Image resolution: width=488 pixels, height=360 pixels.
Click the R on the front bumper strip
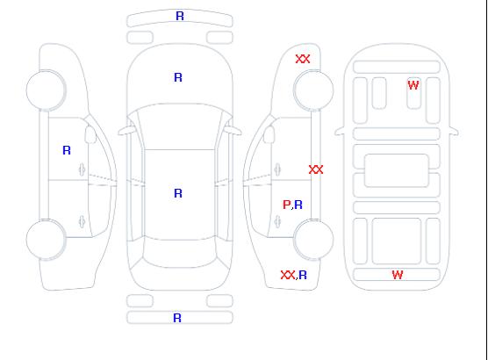180,16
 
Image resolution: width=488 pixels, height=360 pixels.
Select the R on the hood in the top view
178,77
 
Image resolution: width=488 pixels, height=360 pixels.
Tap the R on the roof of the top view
178,193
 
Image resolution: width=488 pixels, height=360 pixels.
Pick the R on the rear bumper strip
177,318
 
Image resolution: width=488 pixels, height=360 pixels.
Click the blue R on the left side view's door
67,150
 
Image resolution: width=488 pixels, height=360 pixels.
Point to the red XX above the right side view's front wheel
303,59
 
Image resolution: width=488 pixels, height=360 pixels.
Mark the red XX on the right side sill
316,169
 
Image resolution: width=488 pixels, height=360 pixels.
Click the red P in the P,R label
286,205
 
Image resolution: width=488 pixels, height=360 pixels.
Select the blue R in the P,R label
298,205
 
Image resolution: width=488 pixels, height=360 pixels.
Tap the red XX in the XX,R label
288,275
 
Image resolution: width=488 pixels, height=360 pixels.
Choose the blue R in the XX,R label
303,275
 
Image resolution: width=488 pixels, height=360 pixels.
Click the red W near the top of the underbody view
413,85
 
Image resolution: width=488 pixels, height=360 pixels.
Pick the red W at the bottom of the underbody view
398,275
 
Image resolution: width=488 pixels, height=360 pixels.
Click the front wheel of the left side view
46,90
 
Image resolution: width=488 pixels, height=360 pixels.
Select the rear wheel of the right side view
313,239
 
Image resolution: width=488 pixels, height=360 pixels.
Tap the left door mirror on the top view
126,131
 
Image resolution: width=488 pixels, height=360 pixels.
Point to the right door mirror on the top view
233,131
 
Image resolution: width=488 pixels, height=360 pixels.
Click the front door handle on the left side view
83,169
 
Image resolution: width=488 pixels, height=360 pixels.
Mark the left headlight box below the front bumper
140,38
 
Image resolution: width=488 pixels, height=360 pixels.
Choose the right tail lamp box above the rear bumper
219,301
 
